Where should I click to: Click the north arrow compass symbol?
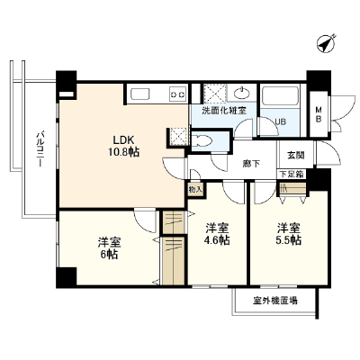click(x=326, y=44)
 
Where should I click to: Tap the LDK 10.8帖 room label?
click(x=123, y=146)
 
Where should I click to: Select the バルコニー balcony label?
click(x=40, y=148)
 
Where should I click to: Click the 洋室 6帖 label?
click(x=109, y=248)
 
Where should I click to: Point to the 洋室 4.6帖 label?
click(x=218, y=234)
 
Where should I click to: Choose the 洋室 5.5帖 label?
click(x=289, y=234)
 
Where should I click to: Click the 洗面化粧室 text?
click(x=224, y=111)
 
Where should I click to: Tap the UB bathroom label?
click(x=281, y=121)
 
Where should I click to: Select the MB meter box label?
click(x=319, y=115)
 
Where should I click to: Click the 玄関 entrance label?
click(x=295, y=155)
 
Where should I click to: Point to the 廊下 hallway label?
click(x=251, y=164)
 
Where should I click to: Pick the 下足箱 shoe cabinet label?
click(x=291, y=174)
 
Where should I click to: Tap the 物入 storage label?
click(x=195, y=190)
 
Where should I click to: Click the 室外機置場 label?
click(x=275, y=301)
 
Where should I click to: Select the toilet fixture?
click(x=202, y=140)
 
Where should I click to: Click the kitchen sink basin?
click(x=139, y=94)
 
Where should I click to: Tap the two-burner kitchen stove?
click(x=178, y=94)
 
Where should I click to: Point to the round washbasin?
click(x=242, y=94)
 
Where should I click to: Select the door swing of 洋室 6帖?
click(x=145, y=221)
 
